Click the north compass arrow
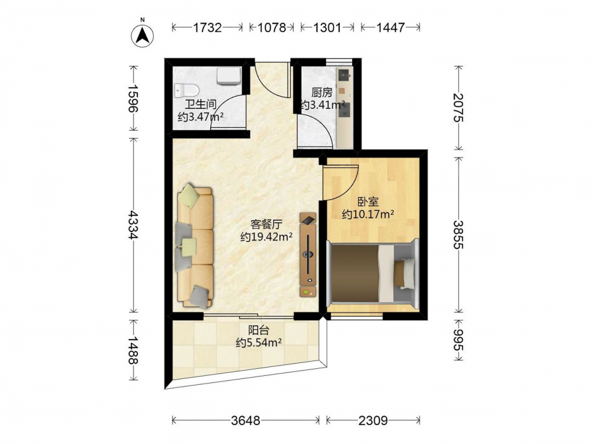(x=142, y=36)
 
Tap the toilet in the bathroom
(x=187, y=91)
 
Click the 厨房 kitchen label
(x=322, y=92)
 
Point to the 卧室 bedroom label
(x=368, y=202)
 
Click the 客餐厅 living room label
(x=266, y=224)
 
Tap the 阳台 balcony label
(x=259, y=330)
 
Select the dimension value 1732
(x=207, y=28)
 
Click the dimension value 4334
(x=133, y=225)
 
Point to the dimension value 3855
(x=458, y=234)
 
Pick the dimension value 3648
(x=246, y=420)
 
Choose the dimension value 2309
(x=373, y=420)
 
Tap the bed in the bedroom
(x=372, y=273)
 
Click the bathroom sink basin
(x=229, y=76)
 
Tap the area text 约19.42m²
(x=266, y=237)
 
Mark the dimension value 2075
(x=458, y=108)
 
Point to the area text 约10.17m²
(x=368, y=214)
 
